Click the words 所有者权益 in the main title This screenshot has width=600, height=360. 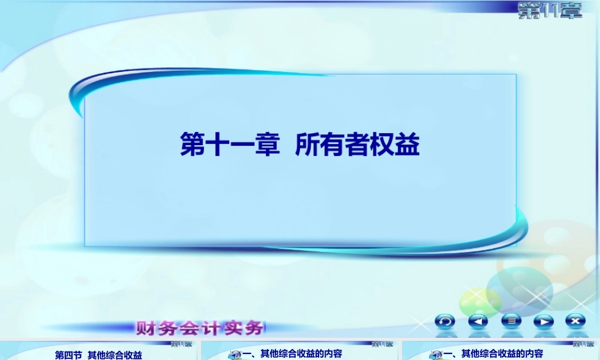click(x=358, y=145)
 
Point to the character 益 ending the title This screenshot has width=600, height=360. click(x=407, y=145)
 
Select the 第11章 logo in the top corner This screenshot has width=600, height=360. click(x=550, y=10)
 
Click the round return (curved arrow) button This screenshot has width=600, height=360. click(x=445, y=321)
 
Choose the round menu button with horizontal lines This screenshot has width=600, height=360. click(x=511, y=321)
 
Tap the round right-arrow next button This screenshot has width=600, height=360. click(x=543, y=321)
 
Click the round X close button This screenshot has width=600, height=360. click(x=575, y=321)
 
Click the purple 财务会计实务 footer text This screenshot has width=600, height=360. click(x=200, y=328)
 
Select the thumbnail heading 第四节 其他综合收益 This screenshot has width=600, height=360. click(x=98, y=355)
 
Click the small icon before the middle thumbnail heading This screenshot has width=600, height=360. click(x=235, y=355)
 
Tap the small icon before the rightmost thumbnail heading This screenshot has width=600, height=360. click(x=436, y=355)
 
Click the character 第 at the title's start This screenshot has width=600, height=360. click(x=193, y=145)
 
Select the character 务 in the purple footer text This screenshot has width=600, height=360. click(x=254, y=328)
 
